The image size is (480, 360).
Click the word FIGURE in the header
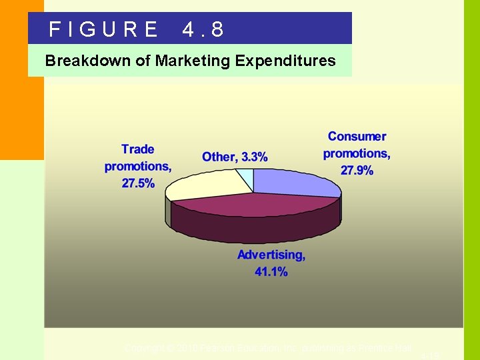pyautogui.click(x=103, y=29)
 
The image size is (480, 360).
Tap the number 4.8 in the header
pyautogui.click(x=203, y=29)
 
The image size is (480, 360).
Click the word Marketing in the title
pyautogui.click(x=193, y=61)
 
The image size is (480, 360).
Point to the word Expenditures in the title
pyautogui.click(x=285, y=61)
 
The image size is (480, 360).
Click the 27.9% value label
pyautogui.click(x=357, y=171)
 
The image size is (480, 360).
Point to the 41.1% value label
pyautogui.click(x=271, y=271)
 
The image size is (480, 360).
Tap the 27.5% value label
pyautogui.click(x=138, y=183)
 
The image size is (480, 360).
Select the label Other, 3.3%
pyautogui.click(x=235, y=157)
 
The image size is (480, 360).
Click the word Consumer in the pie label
pyautogui.click(x=357, y=137)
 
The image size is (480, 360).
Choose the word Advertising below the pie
pyautogui.click(x=271, y=255)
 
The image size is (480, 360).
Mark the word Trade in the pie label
pyautogui.click(x=138, y=149)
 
